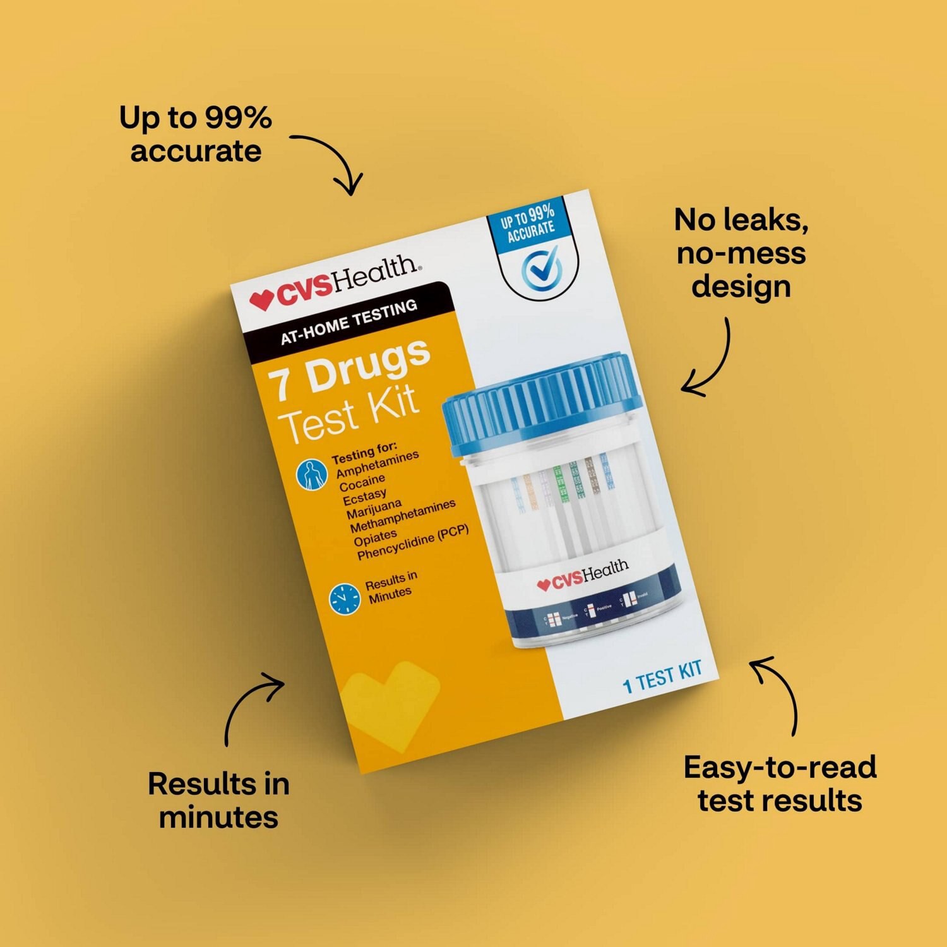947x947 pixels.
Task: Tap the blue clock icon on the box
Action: (x=344, y=599)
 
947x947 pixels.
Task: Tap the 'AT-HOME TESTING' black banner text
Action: (x=348, y=323)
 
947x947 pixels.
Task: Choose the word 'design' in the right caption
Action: (x=741, y=286)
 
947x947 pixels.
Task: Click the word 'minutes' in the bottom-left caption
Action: (x=218, y=817)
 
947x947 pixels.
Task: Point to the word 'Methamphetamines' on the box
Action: (x=402, y=516)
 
